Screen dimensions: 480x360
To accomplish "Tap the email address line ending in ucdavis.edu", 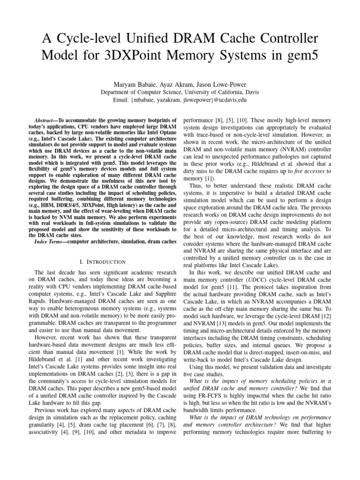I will [180, 100].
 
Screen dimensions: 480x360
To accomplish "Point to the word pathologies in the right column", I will [290, 158].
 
